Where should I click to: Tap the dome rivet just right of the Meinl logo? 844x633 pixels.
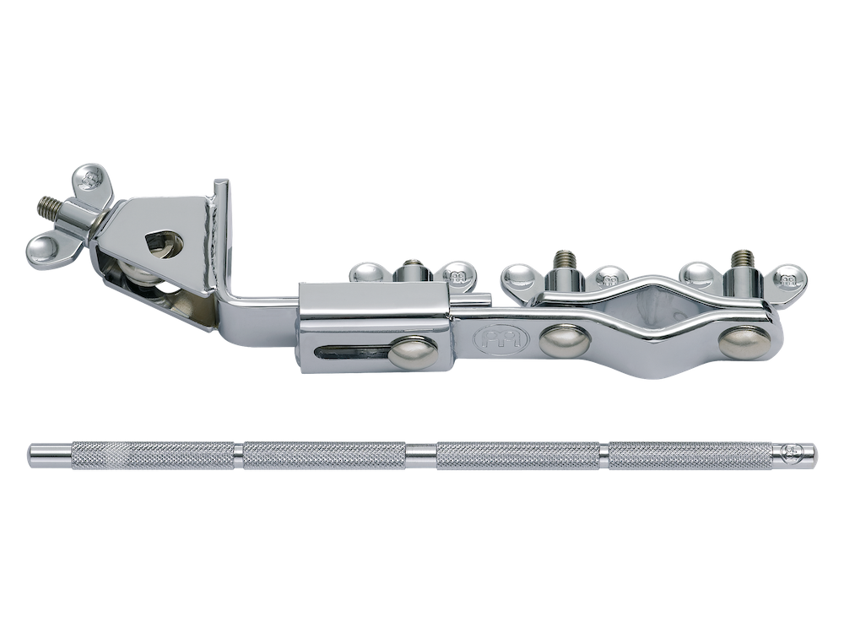point(559,340)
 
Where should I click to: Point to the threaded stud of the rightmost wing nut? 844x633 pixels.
point(743,262)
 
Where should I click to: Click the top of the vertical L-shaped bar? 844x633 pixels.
point(220,186)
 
